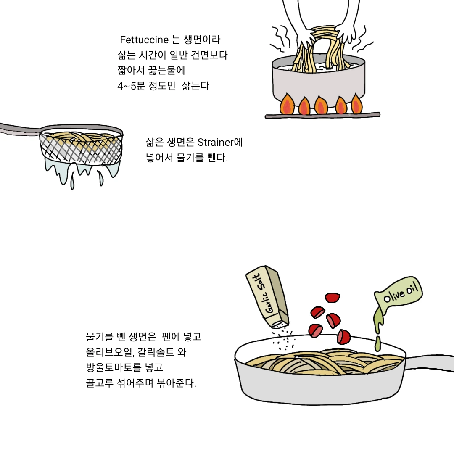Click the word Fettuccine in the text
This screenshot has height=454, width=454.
(144, 40)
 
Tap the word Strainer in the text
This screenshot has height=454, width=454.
(215, 143)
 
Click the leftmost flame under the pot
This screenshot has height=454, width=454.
(287, 105)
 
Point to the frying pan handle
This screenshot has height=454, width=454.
(430, 363)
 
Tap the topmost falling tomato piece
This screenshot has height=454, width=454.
(333, 297)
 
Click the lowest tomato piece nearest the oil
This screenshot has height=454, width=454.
(344, 337)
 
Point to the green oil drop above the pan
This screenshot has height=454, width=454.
(377, 344)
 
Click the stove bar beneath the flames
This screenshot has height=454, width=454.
(322, 115)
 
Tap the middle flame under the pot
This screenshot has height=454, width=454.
(321, 105)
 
